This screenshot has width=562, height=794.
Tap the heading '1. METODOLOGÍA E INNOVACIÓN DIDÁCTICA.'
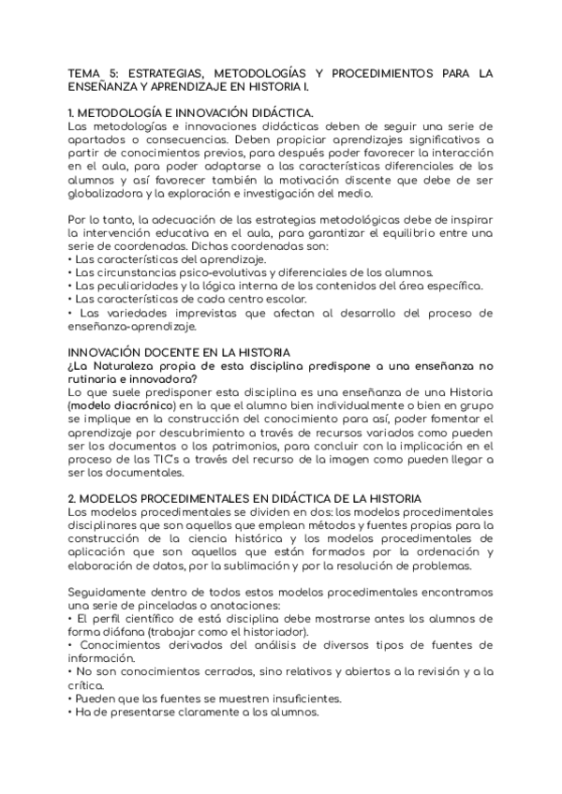[x=191, y=113]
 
